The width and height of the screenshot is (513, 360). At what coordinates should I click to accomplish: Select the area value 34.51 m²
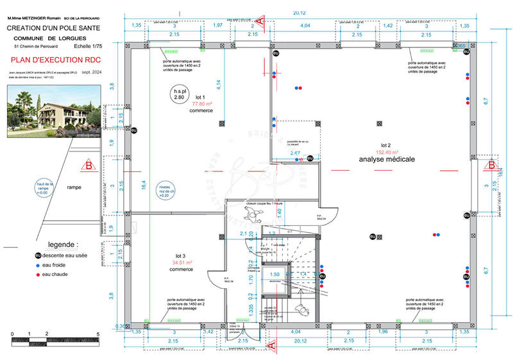[181, 262]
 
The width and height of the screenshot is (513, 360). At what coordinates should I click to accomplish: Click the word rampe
[74, 187]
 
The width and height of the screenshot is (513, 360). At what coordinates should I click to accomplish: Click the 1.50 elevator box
[275, 274]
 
